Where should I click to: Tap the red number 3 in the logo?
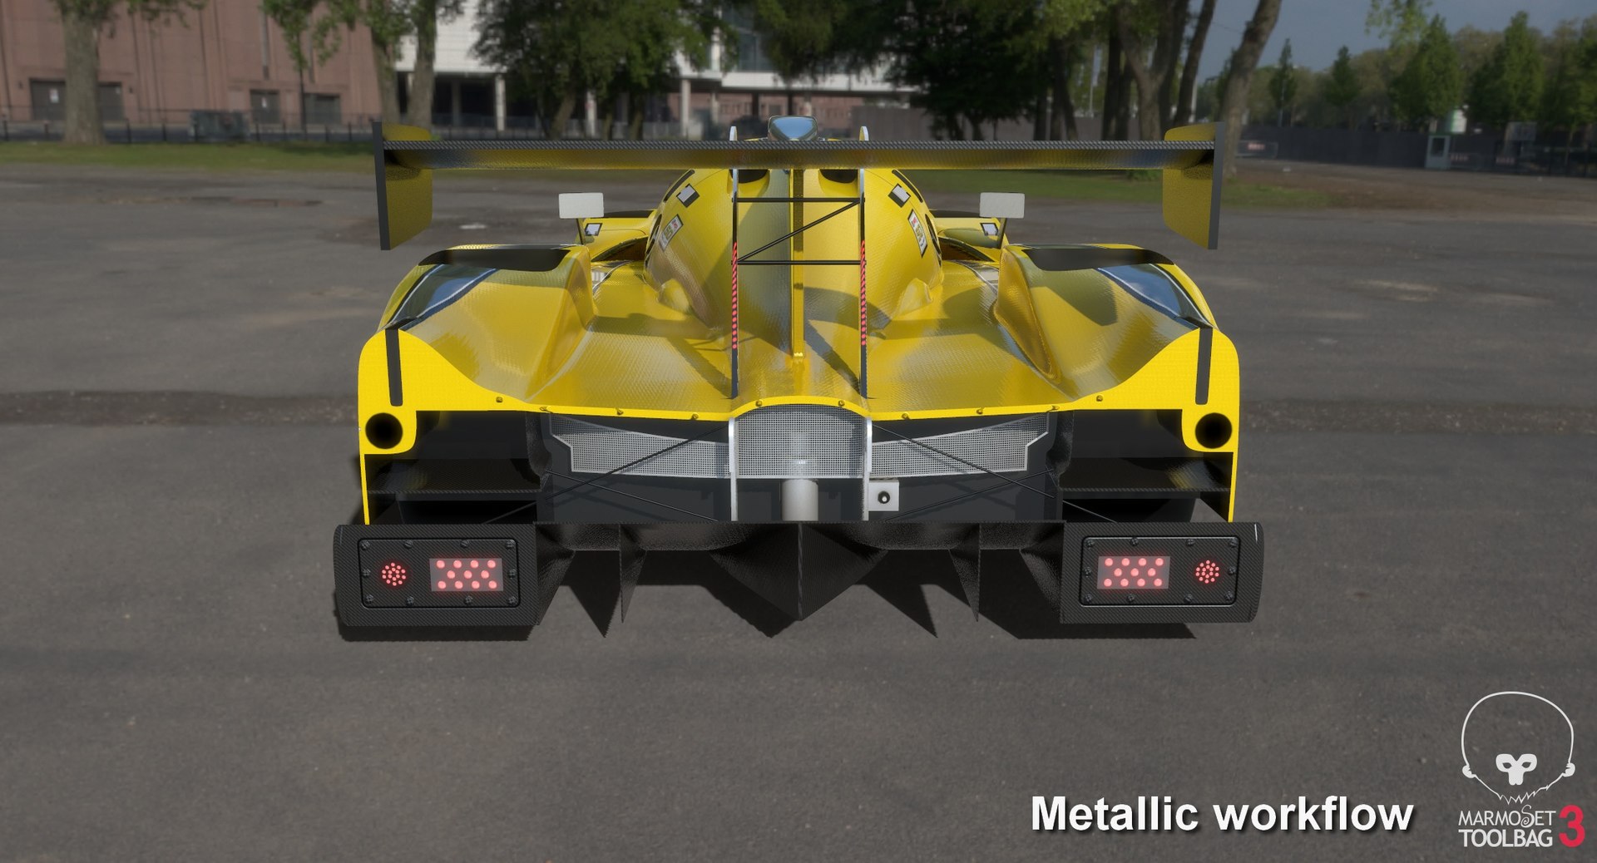point(1571,826)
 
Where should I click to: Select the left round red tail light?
point(393,575)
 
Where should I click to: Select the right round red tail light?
point(1207,572)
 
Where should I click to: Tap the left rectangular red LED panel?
point(466,575)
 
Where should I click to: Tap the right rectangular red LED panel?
point(1134,572)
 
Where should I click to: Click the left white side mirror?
point(581,205)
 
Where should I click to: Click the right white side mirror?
point(1001,204)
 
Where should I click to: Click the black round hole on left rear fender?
point(383,429)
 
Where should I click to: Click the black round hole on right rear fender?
point(1213,430)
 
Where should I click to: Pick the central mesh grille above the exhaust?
point(799,441)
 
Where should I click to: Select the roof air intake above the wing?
point(793,128)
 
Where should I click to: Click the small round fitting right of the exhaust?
point(883,497)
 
